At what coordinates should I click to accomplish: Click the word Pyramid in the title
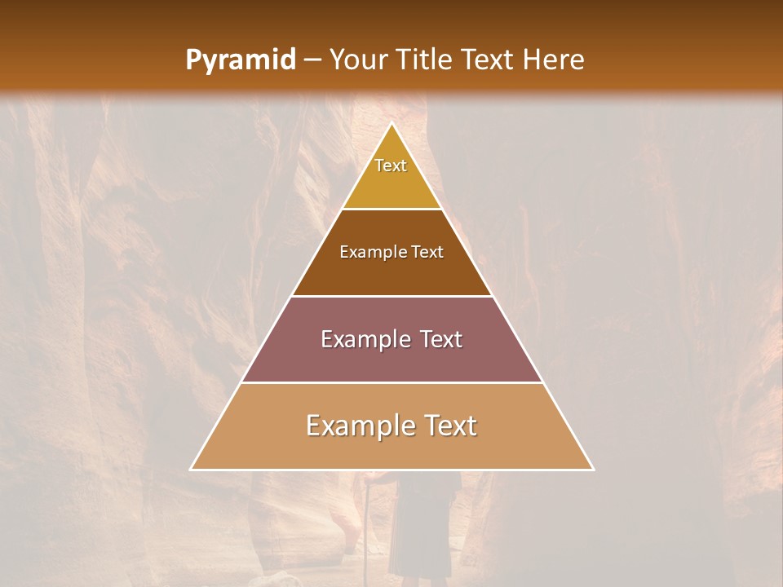(x=241, y=60)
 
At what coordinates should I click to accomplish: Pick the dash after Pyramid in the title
(x=312, y=60)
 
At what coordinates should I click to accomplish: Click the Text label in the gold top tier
(x=391, y=166)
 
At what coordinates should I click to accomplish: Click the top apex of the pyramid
(x=391, y=124)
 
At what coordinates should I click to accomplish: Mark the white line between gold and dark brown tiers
(x=391, y=209)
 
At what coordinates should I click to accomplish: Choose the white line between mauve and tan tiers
(x=391, y=382)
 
